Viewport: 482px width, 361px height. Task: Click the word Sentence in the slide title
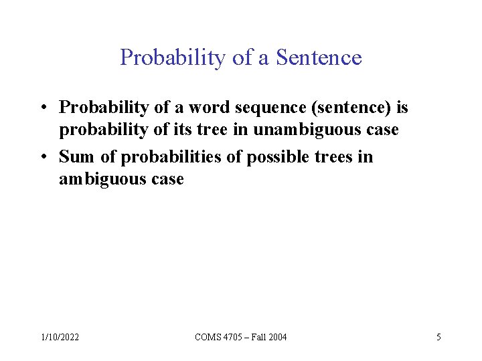pos(319,57)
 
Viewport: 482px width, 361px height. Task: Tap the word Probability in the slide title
pos(173,57)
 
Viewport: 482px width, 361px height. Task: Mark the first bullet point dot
pos(43,108)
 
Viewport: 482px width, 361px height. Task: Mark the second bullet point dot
pos(43,158)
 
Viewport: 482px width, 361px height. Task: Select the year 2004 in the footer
pos(276,337)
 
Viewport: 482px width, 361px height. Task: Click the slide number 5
pos(438,337)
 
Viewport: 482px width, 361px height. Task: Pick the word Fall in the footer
pos(258,337)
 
